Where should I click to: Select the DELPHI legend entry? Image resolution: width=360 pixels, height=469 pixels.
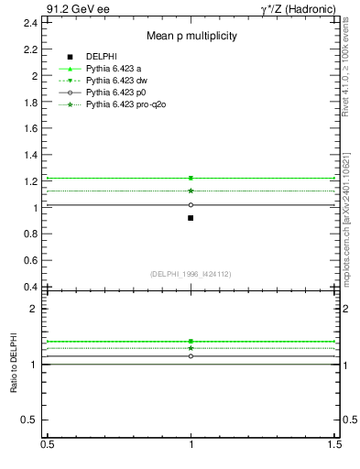101,56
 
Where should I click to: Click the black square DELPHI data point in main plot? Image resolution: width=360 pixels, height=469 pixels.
191,218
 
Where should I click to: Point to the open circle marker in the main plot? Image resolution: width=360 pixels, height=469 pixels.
191,204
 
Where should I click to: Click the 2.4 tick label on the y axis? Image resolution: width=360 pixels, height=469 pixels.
30,22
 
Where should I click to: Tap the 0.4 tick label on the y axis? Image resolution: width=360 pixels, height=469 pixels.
30,287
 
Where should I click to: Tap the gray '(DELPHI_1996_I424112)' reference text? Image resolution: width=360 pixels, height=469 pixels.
191,274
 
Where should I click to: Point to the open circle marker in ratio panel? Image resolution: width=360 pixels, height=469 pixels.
191,355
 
